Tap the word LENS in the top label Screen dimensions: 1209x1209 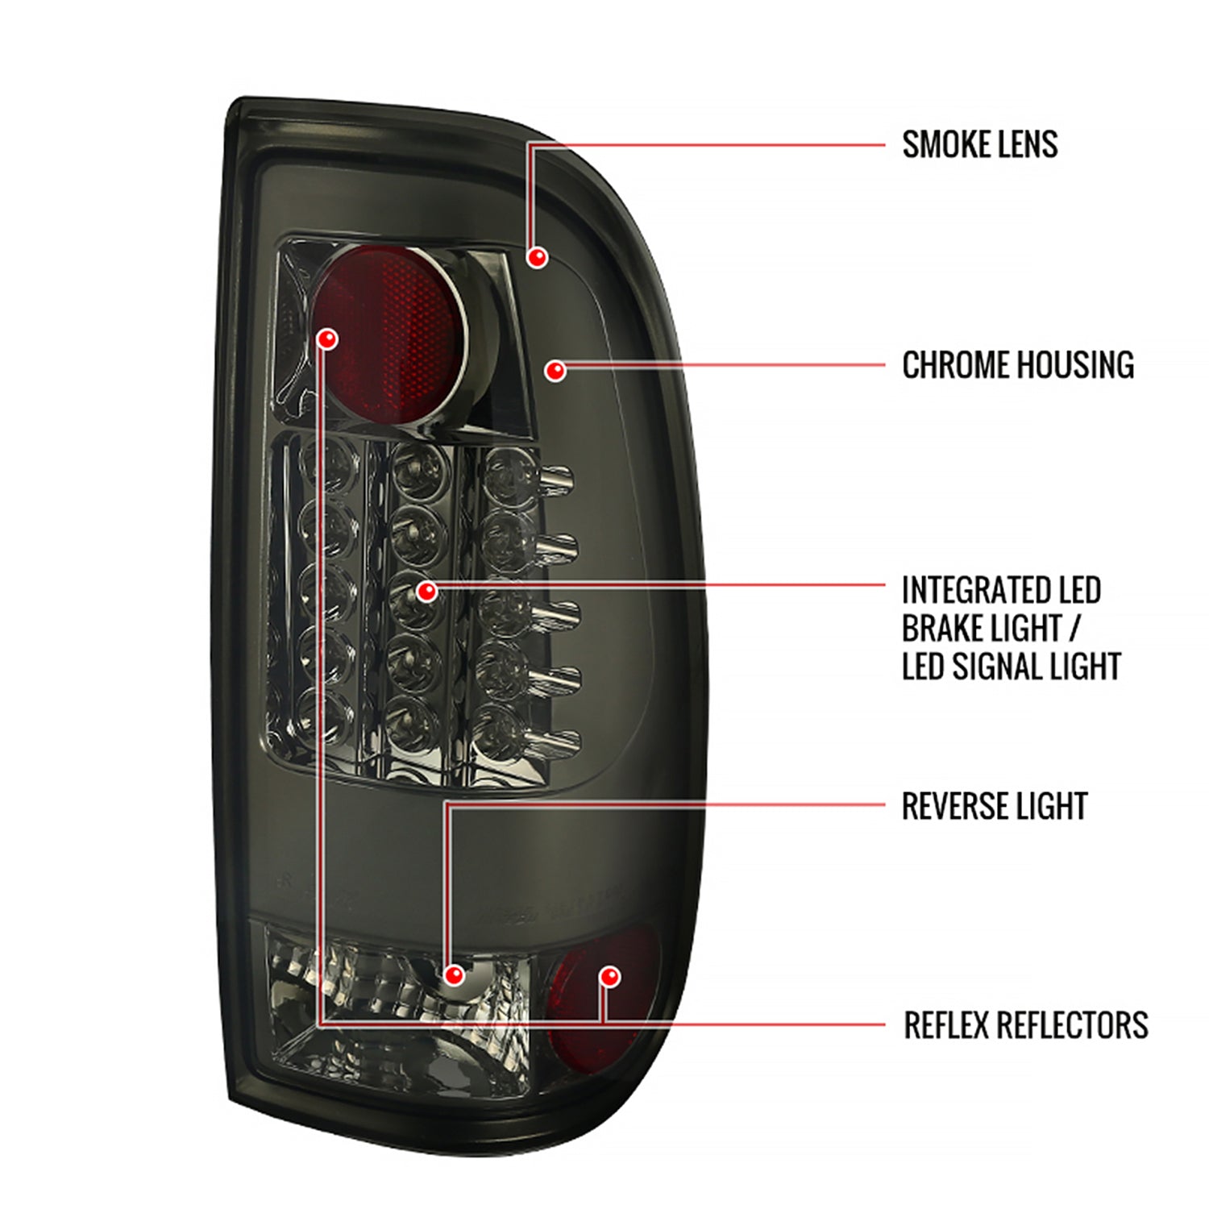click(x=1025, y=145)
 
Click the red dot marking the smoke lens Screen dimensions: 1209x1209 click(x=538, y=257)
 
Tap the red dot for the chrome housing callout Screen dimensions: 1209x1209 click(x=555, y=371)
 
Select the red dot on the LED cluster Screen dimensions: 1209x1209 click(x=426, y=592)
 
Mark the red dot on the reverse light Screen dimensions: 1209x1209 click(x=455, y=975)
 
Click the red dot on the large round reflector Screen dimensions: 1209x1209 click(x=327, y=339)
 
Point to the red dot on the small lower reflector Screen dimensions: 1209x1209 click(x=610, y=977)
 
